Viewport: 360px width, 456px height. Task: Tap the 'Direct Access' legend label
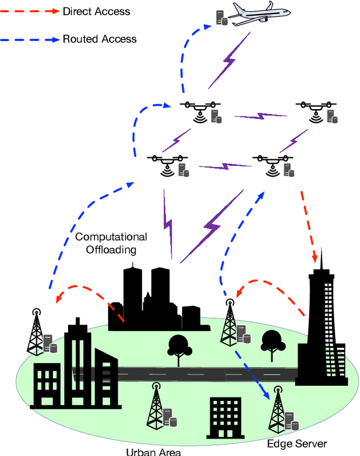coord(96,11)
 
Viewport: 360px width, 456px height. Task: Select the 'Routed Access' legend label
coord(99,39)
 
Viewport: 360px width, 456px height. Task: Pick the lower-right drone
coord(273,164)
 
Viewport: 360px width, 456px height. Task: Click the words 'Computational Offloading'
coord(111,242)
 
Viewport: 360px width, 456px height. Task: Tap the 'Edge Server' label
coord(297,444)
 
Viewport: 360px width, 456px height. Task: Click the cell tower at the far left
coord(37,332)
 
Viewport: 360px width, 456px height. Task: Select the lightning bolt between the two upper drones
coord(260,116)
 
